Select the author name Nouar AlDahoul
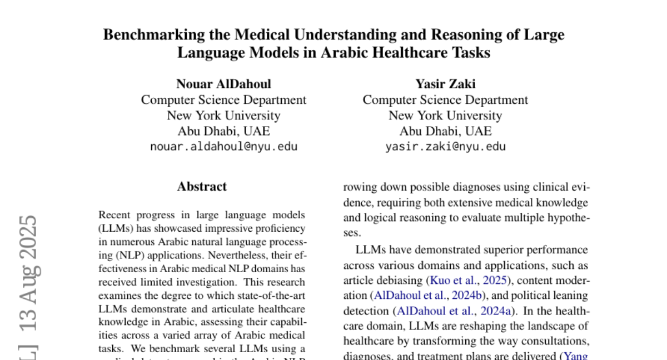(223, 84)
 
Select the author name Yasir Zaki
(445, 84)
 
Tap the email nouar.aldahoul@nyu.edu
(223, 147)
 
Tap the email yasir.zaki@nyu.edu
(445, 147)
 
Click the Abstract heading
(202, 187)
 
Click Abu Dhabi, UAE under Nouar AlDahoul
(223, 132)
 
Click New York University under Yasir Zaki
(445, 116)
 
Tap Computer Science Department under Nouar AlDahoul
(223, 100)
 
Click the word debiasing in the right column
(402, 281)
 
